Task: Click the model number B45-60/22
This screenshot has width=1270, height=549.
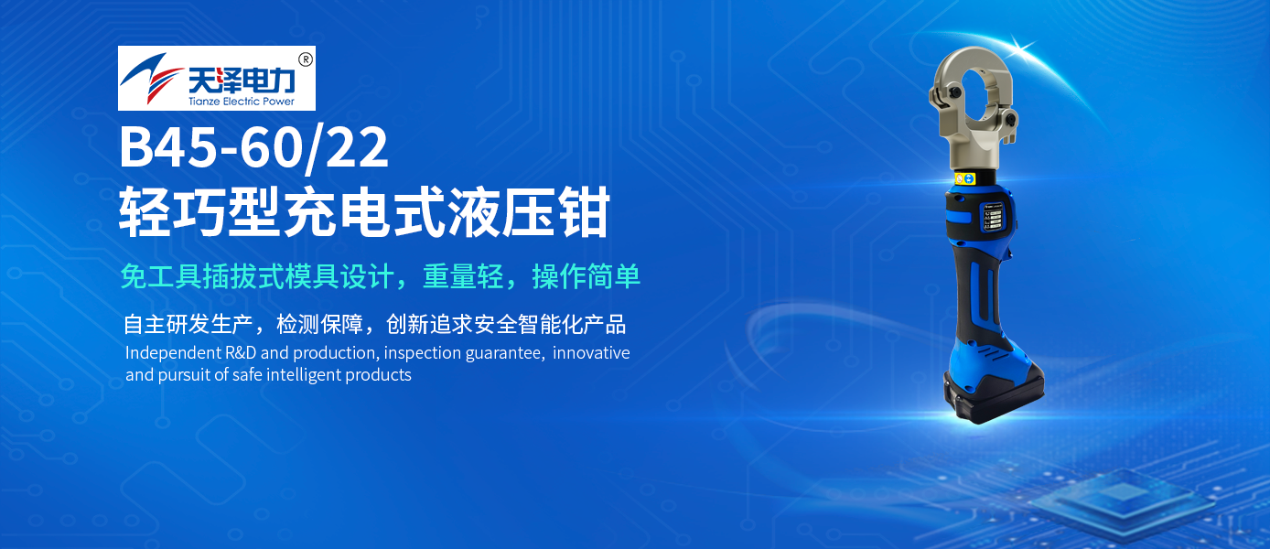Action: coord(254,149)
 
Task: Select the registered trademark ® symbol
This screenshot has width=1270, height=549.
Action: coord(306,59)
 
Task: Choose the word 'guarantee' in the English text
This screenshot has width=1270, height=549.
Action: coord(504,353)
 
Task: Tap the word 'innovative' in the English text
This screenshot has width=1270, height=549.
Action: coord(591,353)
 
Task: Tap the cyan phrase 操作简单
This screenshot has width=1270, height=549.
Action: coord(586,276)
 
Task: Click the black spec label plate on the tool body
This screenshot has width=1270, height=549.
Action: coord(993,220)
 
